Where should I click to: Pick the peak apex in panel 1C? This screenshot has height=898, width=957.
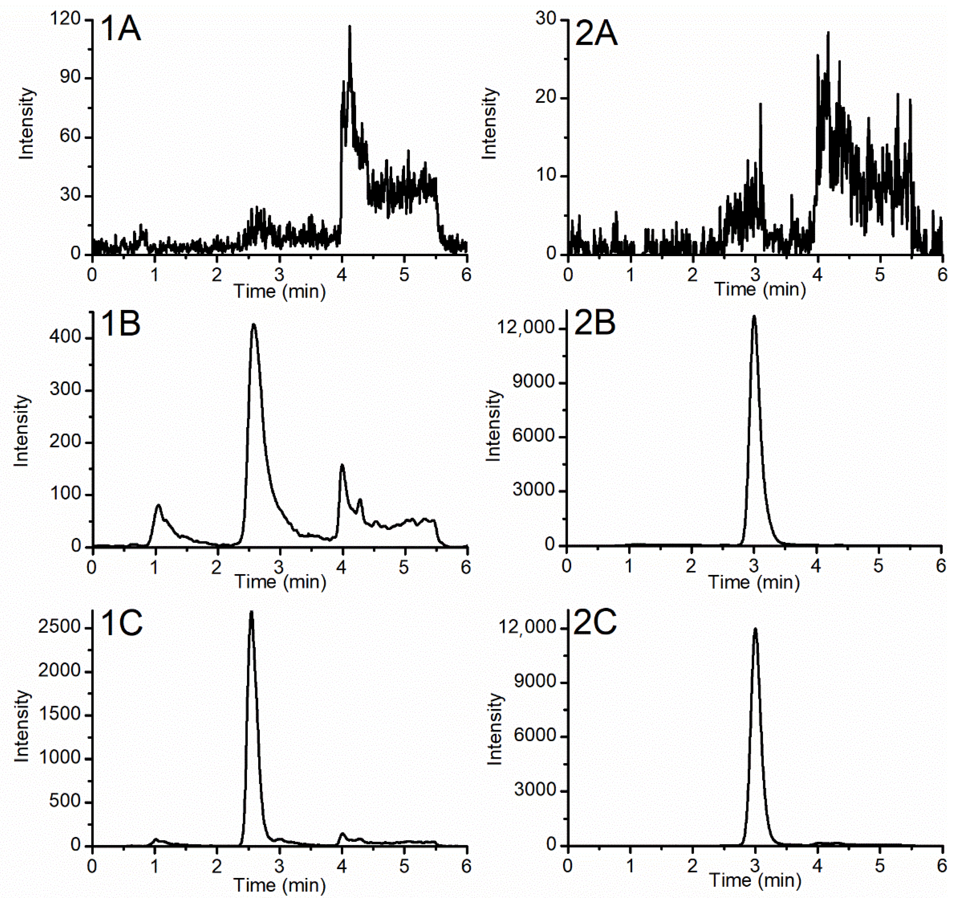tap(251, 612)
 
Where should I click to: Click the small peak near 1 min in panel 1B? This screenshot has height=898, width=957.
tap(158, 505)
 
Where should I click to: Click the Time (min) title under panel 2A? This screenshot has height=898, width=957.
tap(760, 289)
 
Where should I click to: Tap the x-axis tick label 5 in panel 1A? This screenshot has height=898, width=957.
tap(404, 274)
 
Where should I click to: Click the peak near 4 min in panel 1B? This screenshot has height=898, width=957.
tap(342, 465)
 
